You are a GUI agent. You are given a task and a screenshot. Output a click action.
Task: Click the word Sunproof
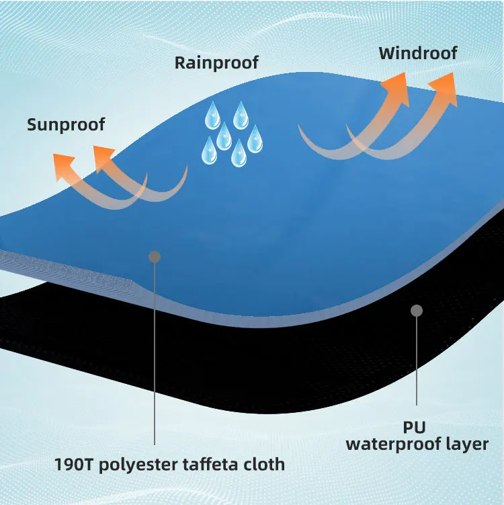(67, 124)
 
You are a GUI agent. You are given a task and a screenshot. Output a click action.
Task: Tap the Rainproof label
(216, 63)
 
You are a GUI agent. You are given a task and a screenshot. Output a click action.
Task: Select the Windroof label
(419, 53)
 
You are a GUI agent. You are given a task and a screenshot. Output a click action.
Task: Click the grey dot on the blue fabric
(155, 257)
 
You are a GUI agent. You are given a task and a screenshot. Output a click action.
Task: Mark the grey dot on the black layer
(416, 311)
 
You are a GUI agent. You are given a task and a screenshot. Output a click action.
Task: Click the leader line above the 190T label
(155, 356)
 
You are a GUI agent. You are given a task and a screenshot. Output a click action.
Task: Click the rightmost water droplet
(255, 140)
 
